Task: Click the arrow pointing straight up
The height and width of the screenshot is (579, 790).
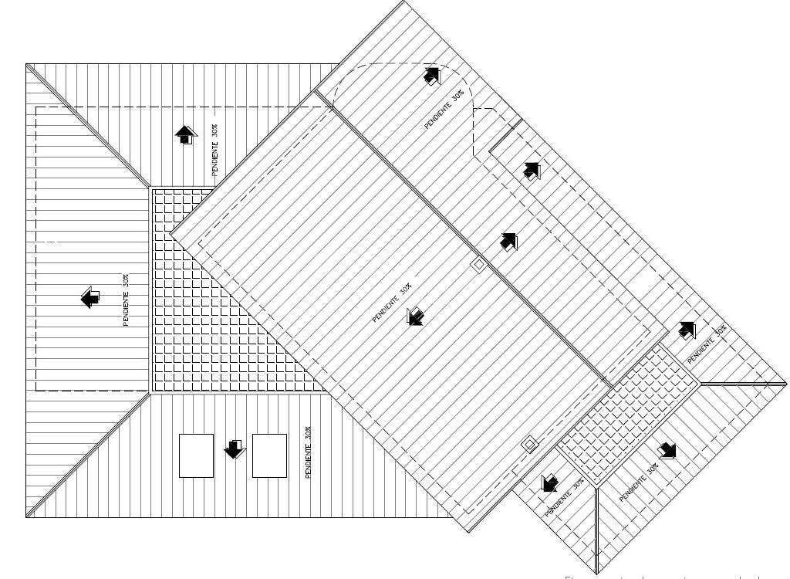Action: click(185, 136)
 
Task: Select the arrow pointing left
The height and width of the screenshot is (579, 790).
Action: click(90, 297)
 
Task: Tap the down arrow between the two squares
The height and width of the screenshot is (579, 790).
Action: click(234, 449)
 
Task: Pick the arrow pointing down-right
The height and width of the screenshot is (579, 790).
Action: click(667, 450)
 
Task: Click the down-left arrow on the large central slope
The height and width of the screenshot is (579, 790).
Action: click(415, 316)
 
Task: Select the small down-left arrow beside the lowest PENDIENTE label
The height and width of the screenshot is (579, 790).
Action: click(549, 483)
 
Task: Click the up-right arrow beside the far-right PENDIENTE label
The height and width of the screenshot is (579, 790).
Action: click(687, 330)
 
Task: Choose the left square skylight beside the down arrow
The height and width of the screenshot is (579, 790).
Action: click(196, 455)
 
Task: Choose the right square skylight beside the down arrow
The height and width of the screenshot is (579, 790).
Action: click(269, 455)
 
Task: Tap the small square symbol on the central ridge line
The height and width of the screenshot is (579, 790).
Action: click(478, 265)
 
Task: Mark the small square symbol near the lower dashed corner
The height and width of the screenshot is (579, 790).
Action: click(528, 444)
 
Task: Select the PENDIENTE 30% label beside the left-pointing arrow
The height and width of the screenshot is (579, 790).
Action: click(126, 300)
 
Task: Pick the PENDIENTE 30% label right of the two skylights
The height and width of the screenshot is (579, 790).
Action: click(308, 452)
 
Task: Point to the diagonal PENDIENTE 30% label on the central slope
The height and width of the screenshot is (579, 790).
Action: click(392, 303)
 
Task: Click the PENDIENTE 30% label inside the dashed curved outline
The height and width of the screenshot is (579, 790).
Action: click(444, 110)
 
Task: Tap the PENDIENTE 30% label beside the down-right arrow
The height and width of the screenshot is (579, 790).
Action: click(639, 483)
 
